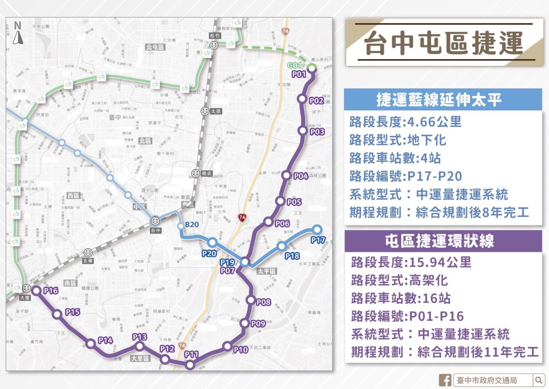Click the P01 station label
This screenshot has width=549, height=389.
pyautogui.click(x=298, y=74)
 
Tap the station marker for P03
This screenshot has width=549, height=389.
pyautogui.click(x=302, y=131)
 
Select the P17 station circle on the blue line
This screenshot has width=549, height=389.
pyautogui.click(x=317, y=229)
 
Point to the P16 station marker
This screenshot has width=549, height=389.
pyautogui.click(x=36, y=291)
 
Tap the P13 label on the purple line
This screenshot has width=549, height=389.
pyautogui.click(x=140, y=337)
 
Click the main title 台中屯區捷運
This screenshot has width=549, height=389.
pyautogui.click(x=443, y=43)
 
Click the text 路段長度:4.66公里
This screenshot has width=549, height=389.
pyautogui.click(x=405, y=122)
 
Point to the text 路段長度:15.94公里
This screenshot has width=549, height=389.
pyautogui.click(x=411, y=262)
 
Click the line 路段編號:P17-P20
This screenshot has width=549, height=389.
pyautogui.click(x=405, y=176)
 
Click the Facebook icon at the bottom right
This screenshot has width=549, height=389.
pyautogui.click(x=445, y=380)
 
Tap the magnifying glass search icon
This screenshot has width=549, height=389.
pyautogui.click(x=538, y=380)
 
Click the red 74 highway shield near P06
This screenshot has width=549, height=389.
pyautogui.click(x=242, y=218)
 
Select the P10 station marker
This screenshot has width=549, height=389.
pyautogui.click(x=227, y=346)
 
